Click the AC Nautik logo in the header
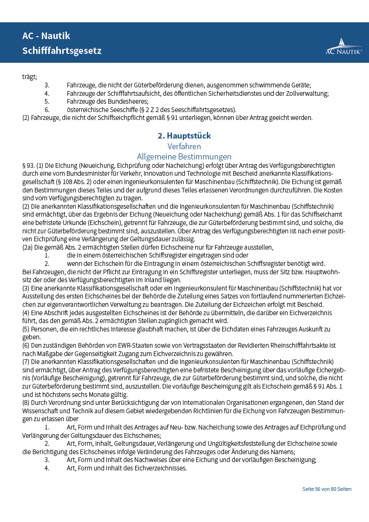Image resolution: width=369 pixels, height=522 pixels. [343, 46]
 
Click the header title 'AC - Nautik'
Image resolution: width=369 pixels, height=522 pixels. [46, 36]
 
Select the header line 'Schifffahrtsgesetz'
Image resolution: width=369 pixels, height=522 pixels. [62, 51]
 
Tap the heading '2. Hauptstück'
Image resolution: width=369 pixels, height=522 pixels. [184, 136]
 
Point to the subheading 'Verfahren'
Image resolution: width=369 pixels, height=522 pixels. [184, 146]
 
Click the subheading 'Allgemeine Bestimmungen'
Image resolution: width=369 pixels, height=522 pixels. [184, 157]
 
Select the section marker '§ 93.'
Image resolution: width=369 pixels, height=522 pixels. [28, 165]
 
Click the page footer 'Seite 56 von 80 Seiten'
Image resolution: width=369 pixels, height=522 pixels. [327, 489]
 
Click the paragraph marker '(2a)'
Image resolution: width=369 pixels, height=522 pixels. [28, 248]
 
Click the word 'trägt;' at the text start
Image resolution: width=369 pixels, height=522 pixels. [30, 77]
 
